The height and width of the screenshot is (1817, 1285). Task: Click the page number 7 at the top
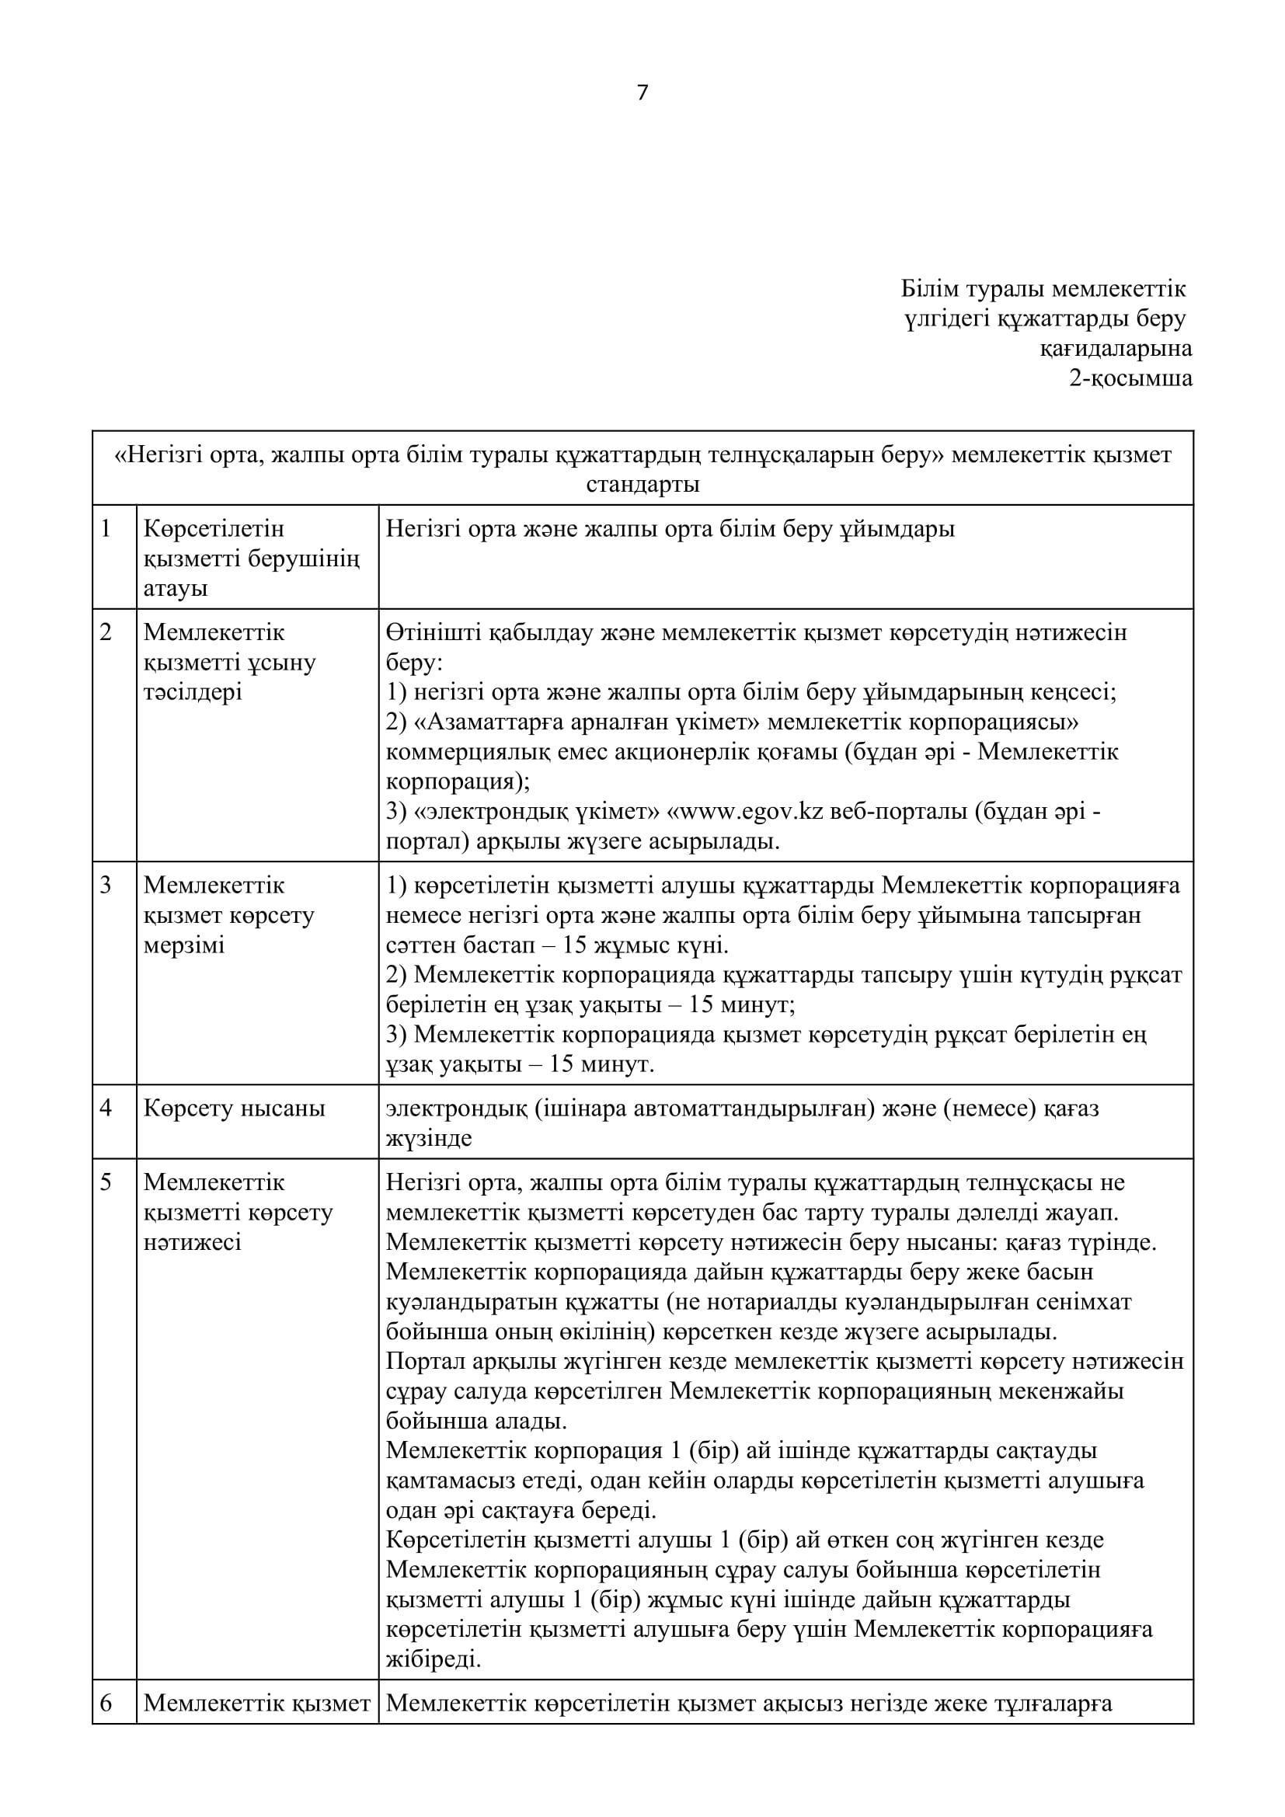point(642,93)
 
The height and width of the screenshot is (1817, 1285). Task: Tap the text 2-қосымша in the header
point(1130,378)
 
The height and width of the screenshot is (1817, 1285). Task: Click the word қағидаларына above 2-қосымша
point(1116,348)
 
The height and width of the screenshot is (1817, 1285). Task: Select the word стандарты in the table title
point(642,483)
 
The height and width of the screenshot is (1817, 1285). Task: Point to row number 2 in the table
point(106,632)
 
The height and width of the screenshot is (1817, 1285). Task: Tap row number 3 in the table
point(106,885)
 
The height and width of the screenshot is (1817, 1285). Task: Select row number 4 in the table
point(106,1108)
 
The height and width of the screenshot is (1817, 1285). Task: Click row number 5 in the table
point(106,1182)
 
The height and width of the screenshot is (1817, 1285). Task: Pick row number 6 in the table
point(106,1703)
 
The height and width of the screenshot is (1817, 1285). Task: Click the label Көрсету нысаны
point(234,1108)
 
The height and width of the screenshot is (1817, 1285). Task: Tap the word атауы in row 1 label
point(175,588)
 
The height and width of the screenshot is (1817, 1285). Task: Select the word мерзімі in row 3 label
point(184,945)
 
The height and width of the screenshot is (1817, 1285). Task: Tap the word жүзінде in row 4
point(429,1138)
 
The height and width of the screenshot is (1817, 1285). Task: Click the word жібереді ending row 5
point(433,1659)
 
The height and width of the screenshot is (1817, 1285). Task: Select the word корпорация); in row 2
point(458,782)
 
